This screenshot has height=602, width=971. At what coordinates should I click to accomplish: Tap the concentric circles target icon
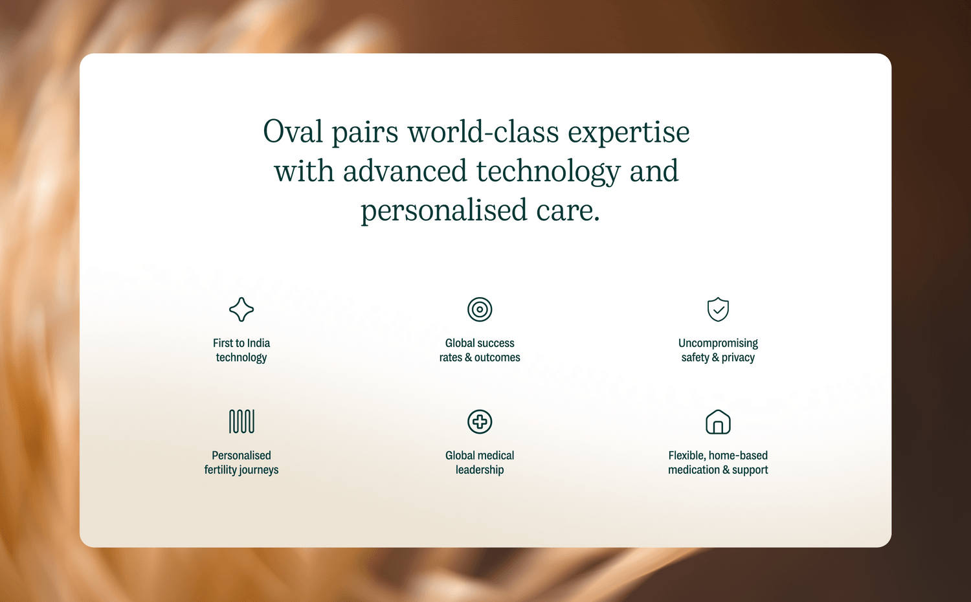(480, 298)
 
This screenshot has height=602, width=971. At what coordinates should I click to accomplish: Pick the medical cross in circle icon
(480, 411)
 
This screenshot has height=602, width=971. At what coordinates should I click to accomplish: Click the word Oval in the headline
(293, 132)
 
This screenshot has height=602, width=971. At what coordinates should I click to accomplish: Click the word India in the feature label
(258, 343)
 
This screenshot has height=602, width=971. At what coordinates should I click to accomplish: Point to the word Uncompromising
(718, 344)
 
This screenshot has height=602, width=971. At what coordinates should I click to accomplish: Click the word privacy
(738, 358)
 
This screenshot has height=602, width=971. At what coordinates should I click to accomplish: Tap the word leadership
(480, 470)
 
